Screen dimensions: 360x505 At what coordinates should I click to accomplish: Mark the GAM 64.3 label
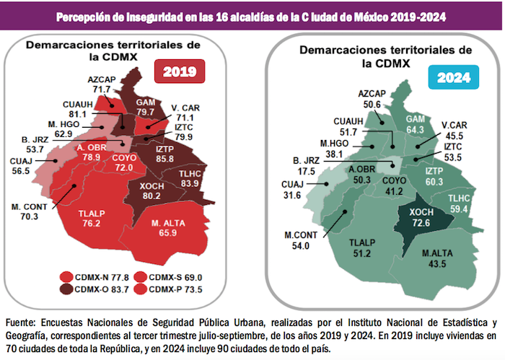pos(416,124)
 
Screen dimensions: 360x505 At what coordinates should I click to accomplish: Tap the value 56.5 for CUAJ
pos(19,172)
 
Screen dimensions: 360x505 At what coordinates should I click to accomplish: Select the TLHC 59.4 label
pos(460,203)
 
